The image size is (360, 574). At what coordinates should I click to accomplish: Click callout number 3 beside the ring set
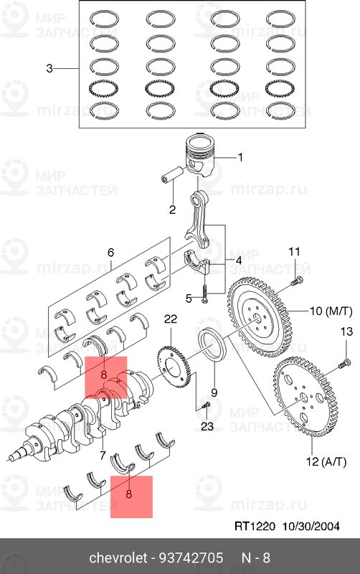tap(49, 68)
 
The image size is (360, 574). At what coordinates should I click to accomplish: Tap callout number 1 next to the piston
tap(240, 157)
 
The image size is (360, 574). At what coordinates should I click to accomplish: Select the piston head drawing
tap(199, 156)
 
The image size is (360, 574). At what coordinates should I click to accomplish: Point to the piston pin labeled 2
tap(174, 175)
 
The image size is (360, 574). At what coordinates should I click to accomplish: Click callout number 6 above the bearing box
tap(110, 253)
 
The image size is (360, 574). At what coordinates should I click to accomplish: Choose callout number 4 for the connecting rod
tap(238, 261)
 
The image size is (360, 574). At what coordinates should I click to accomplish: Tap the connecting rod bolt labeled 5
tap(204, 293)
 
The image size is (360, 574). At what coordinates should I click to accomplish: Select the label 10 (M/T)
tap(331, 311)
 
